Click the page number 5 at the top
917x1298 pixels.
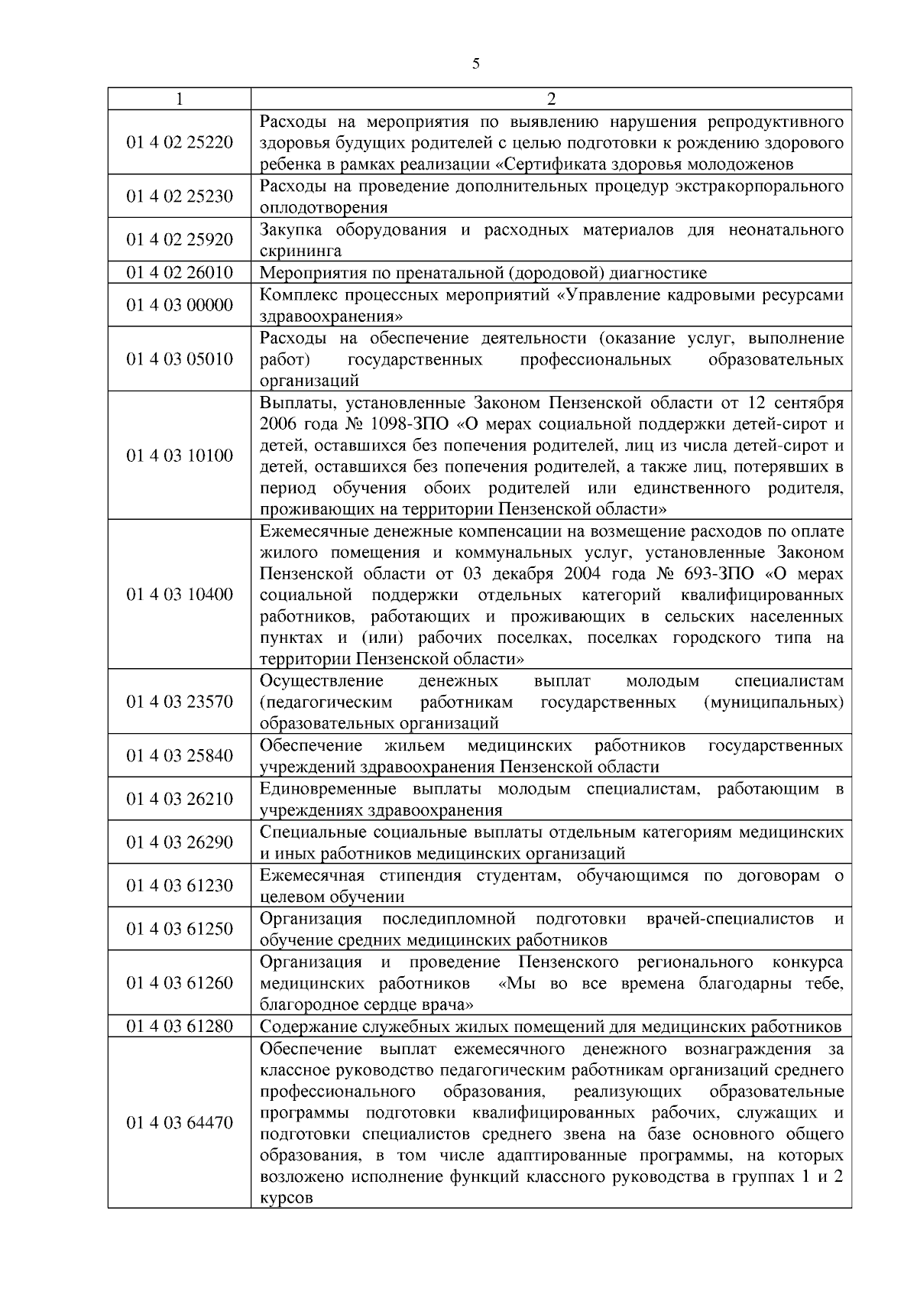475,64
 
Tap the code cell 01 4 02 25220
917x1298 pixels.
180,142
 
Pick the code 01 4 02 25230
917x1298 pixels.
180,196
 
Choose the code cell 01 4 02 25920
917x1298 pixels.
180,240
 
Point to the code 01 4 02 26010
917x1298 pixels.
180,273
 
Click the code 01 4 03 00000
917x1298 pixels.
180,305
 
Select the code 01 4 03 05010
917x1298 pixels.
180,359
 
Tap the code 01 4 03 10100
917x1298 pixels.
180,456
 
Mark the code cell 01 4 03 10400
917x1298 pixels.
180,595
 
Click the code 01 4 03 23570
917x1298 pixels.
180,702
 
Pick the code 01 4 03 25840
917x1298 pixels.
180,756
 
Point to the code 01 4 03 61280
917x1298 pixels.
180,1026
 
